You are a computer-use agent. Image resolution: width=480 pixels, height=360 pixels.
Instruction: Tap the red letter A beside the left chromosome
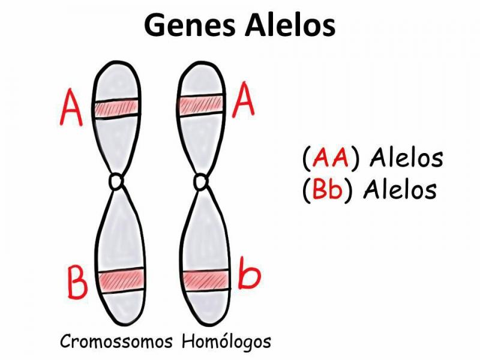point(73,108)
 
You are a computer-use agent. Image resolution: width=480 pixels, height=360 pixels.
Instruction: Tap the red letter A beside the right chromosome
point(244,100)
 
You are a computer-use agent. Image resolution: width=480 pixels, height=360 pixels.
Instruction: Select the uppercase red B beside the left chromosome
point(78,283)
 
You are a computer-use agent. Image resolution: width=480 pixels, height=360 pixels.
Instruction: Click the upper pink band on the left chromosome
point(116,109)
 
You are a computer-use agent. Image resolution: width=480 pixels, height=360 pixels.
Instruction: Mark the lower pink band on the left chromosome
point(121,278)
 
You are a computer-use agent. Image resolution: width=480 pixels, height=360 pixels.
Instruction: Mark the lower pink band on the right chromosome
point(205,280)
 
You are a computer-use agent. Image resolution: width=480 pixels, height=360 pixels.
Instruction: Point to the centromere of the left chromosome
point(116,180)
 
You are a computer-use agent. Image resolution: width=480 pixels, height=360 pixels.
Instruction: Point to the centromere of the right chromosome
point(201,181)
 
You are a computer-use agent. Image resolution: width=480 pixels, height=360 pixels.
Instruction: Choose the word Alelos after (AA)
point(406,158)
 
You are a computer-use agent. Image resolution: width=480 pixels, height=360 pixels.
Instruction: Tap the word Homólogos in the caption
point(226,342)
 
